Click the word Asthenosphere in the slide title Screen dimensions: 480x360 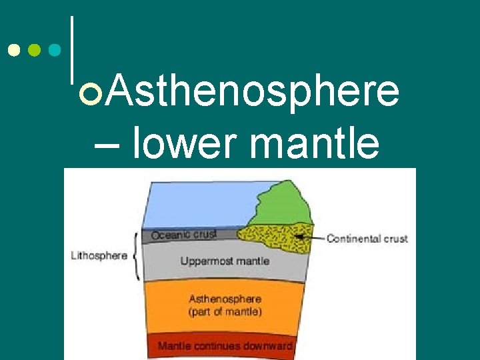pyautogui.click(x=253, y=91)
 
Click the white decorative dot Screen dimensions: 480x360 pyautogui.click(x=14, y=51)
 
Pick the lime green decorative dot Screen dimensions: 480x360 pyautogui.click(x=35, y=51)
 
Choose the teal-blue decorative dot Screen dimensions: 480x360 pyautogui.click(x=56, y=51)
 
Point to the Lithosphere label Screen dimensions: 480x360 pyautogui.click(x=99, y=256)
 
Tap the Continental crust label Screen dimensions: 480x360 pyautogui.click(x=367, y=238)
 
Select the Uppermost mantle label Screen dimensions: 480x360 pyautogui.click(x=225, y=261)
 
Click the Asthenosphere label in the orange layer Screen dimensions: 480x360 pyautogui.click(x=225, y=299)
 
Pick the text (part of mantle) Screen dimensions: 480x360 pyautogui.click(x=225, y=312)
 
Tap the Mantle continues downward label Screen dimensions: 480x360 pyautogui.click(x=225, y=346)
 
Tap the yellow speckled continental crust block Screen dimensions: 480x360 pyautogui.click(x=273, y=237)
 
